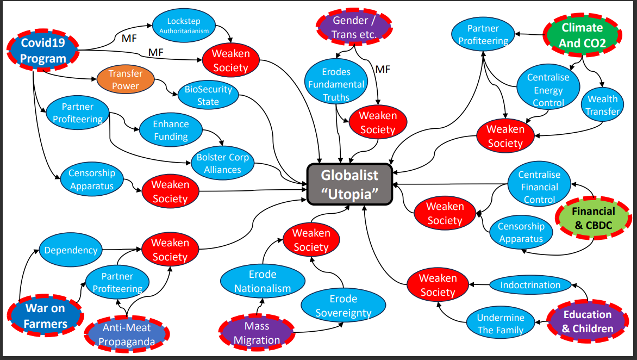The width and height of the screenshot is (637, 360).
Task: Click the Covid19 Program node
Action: (43, 51)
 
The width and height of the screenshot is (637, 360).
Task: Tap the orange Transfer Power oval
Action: (125, 79)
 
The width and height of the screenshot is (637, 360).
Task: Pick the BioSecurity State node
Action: (208, 95)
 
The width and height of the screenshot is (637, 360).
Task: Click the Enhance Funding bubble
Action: (171, 131)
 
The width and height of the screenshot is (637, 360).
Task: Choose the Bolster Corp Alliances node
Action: (222, 163)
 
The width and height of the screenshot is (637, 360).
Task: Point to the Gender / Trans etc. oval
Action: (354, 27)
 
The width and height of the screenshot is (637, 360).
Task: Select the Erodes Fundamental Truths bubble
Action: (336, 84)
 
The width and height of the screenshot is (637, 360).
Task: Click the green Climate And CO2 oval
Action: (582, 35)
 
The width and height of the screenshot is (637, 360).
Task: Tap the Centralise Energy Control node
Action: (548, 90)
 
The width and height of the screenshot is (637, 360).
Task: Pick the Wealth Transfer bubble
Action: (603, 105)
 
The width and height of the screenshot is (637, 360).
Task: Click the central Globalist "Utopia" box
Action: (349, 185)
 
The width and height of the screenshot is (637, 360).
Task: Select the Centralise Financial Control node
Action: (539, 187)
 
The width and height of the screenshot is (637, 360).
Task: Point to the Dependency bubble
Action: (71, 250)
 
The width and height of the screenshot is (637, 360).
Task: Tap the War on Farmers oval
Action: (45, 316)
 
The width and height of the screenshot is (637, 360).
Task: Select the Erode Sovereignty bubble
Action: (343, 306)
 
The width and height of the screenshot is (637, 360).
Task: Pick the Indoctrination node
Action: (530, 285)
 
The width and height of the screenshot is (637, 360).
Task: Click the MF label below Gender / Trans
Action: (383, 69)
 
